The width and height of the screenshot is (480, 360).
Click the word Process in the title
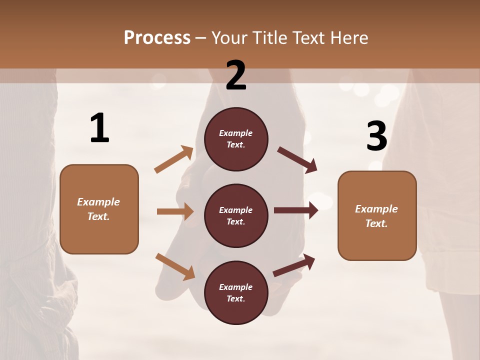pyautogui.click(x=157, y=37)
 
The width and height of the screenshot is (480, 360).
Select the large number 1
pyautogui.click(x=99, y=128)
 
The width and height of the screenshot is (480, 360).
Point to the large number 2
pyautogui.click(x=236, y=76)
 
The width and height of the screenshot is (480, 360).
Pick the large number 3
pyautogui.click(x=376, y=136)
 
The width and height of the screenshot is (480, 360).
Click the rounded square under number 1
pyautogui.click(x=99, y=209)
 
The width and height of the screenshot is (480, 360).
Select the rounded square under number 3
pyautogui.click(x=377, y=215)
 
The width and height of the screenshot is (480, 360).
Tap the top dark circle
pyautogui.click(x=236, y=139)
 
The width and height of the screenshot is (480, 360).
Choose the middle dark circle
pyautogui.click(x=236, y=215)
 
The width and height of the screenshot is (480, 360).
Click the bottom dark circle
pyautogui.click(x=236, y=292)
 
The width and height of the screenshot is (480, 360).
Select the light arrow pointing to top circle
pyautogui.click(x=174, y=159)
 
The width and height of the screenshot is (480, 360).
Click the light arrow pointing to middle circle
pyautogui.click(x=175, y=211)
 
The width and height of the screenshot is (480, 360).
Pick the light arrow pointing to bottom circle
pyautogui.click(x=175, y=266)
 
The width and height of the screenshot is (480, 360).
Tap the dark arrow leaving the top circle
pyautogui.click(x=297, y=159)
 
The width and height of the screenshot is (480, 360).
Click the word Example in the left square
pyautogui.click(x=98, y=202)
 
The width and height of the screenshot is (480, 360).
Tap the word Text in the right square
pyautogui.click(x=376, y=223)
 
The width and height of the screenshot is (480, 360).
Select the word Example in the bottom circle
pyautogui.click(x=235, y=287)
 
